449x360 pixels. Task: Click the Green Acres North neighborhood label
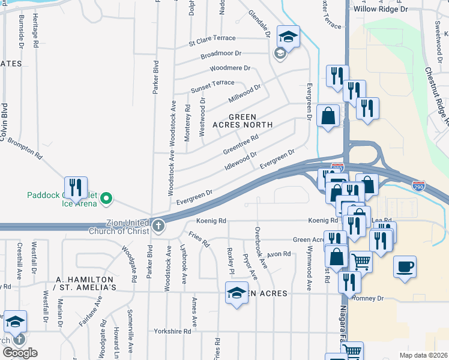[243, 121]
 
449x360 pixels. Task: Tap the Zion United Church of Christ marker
[158, 226]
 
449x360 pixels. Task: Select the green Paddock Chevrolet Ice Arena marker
[106, 197]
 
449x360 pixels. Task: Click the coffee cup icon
[405, 266]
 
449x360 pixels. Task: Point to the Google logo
[20, 353]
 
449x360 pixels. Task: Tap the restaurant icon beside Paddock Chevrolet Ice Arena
[76, 188]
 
